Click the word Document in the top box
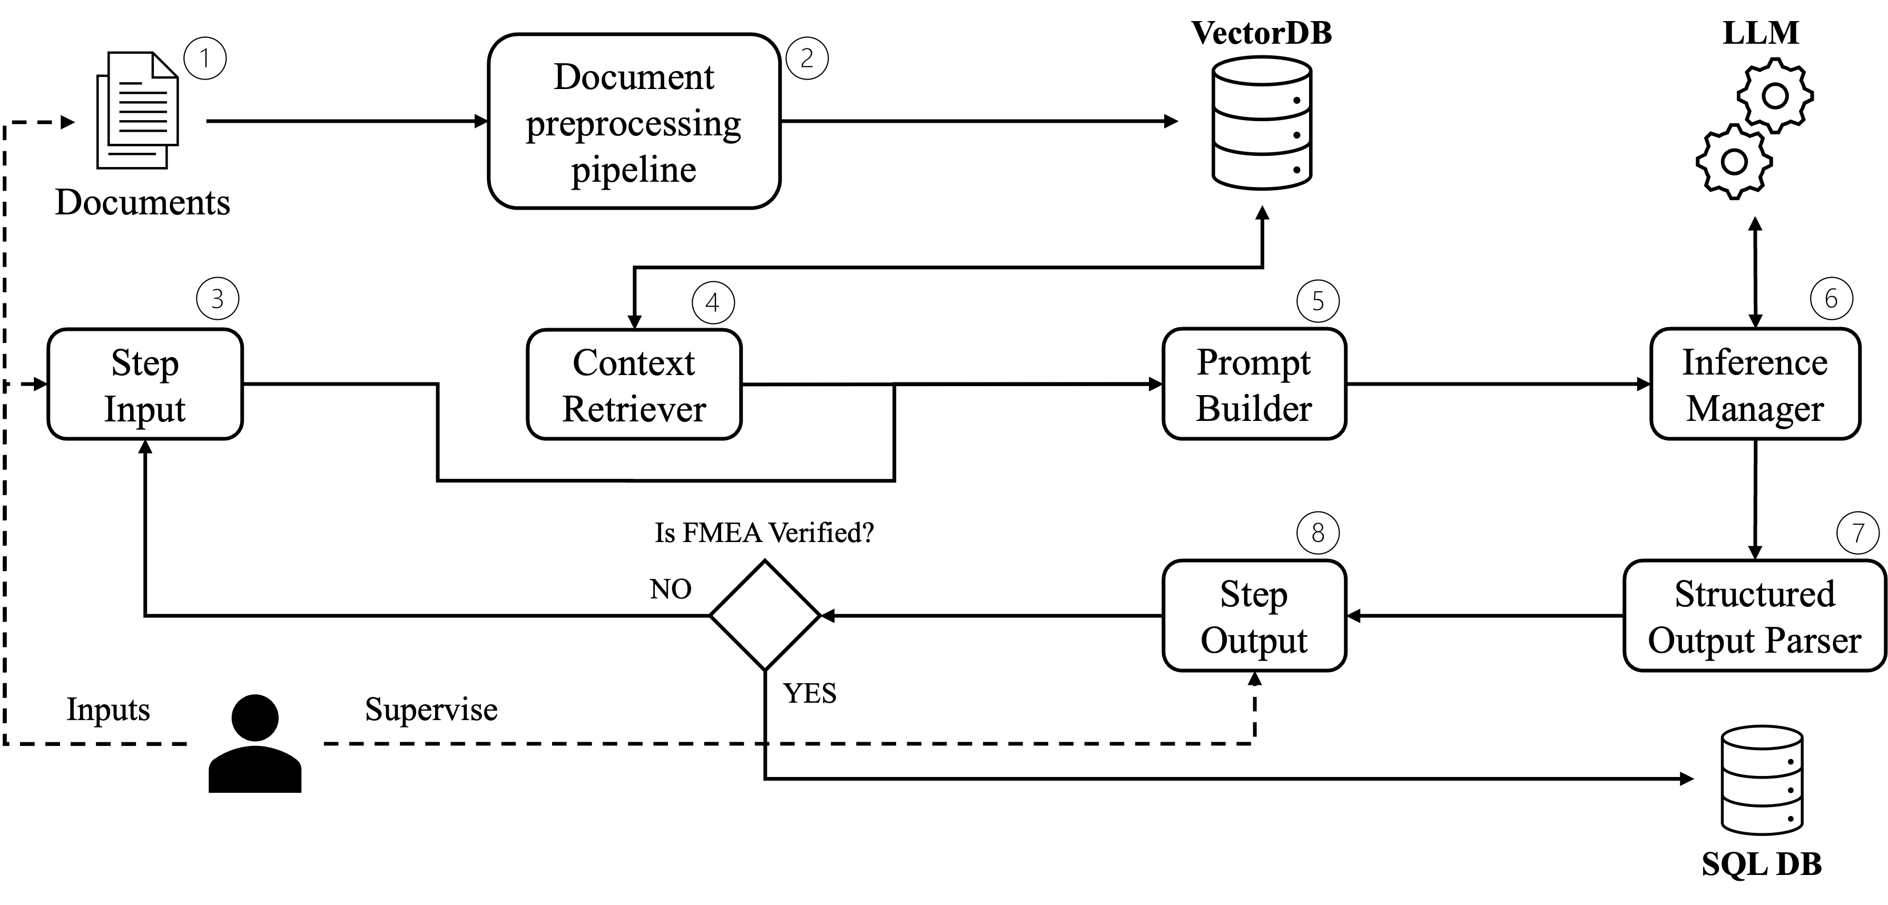633,77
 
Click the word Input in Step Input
144,409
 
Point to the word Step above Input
144,363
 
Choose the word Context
633,363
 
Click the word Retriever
633,409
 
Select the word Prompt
1253,363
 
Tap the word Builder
1253,409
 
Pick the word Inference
1755,363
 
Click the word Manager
1755,409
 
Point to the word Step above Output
1253,594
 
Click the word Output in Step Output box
1253,641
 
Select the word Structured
1755,594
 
